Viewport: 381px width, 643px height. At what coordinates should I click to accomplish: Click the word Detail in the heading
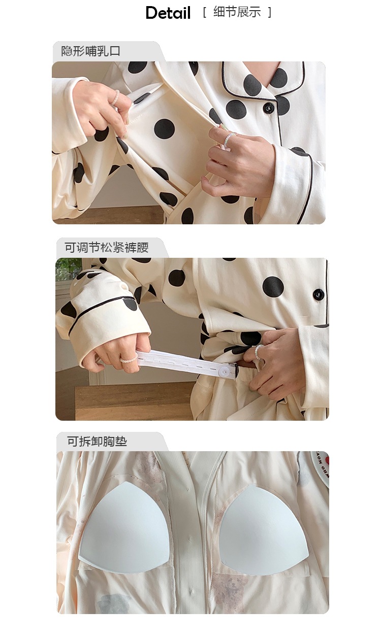pos(168,13)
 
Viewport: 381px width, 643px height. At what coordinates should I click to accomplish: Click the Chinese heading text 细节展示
pos(237,12)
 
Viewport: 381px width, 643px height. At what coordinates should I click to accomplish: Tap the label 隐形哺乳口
pos(90,51)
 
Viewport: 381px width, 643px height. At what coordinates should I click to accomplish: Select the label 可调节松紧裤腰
pos(106,247)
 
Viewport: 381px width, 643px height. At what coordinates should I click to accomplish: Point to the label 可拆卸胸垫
pos(97,441)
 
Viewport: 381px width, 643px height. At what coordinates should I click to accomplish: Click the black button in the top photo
pos(269,108)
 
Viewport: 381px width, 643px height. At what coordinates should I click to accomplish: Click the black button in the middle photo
pos(319,294)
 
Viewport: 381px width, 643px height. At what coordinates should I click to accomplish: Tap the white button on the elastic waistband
pos(223,372)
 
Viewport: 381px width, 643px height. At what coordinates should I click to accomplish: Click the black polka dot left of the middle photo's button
pos(273,287)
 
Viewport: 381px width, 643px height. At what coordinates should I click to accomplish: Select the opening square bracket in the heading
pos(205,12)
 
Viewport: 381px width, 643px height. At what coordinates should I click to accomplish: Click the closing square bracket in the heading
pos(270,12)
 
